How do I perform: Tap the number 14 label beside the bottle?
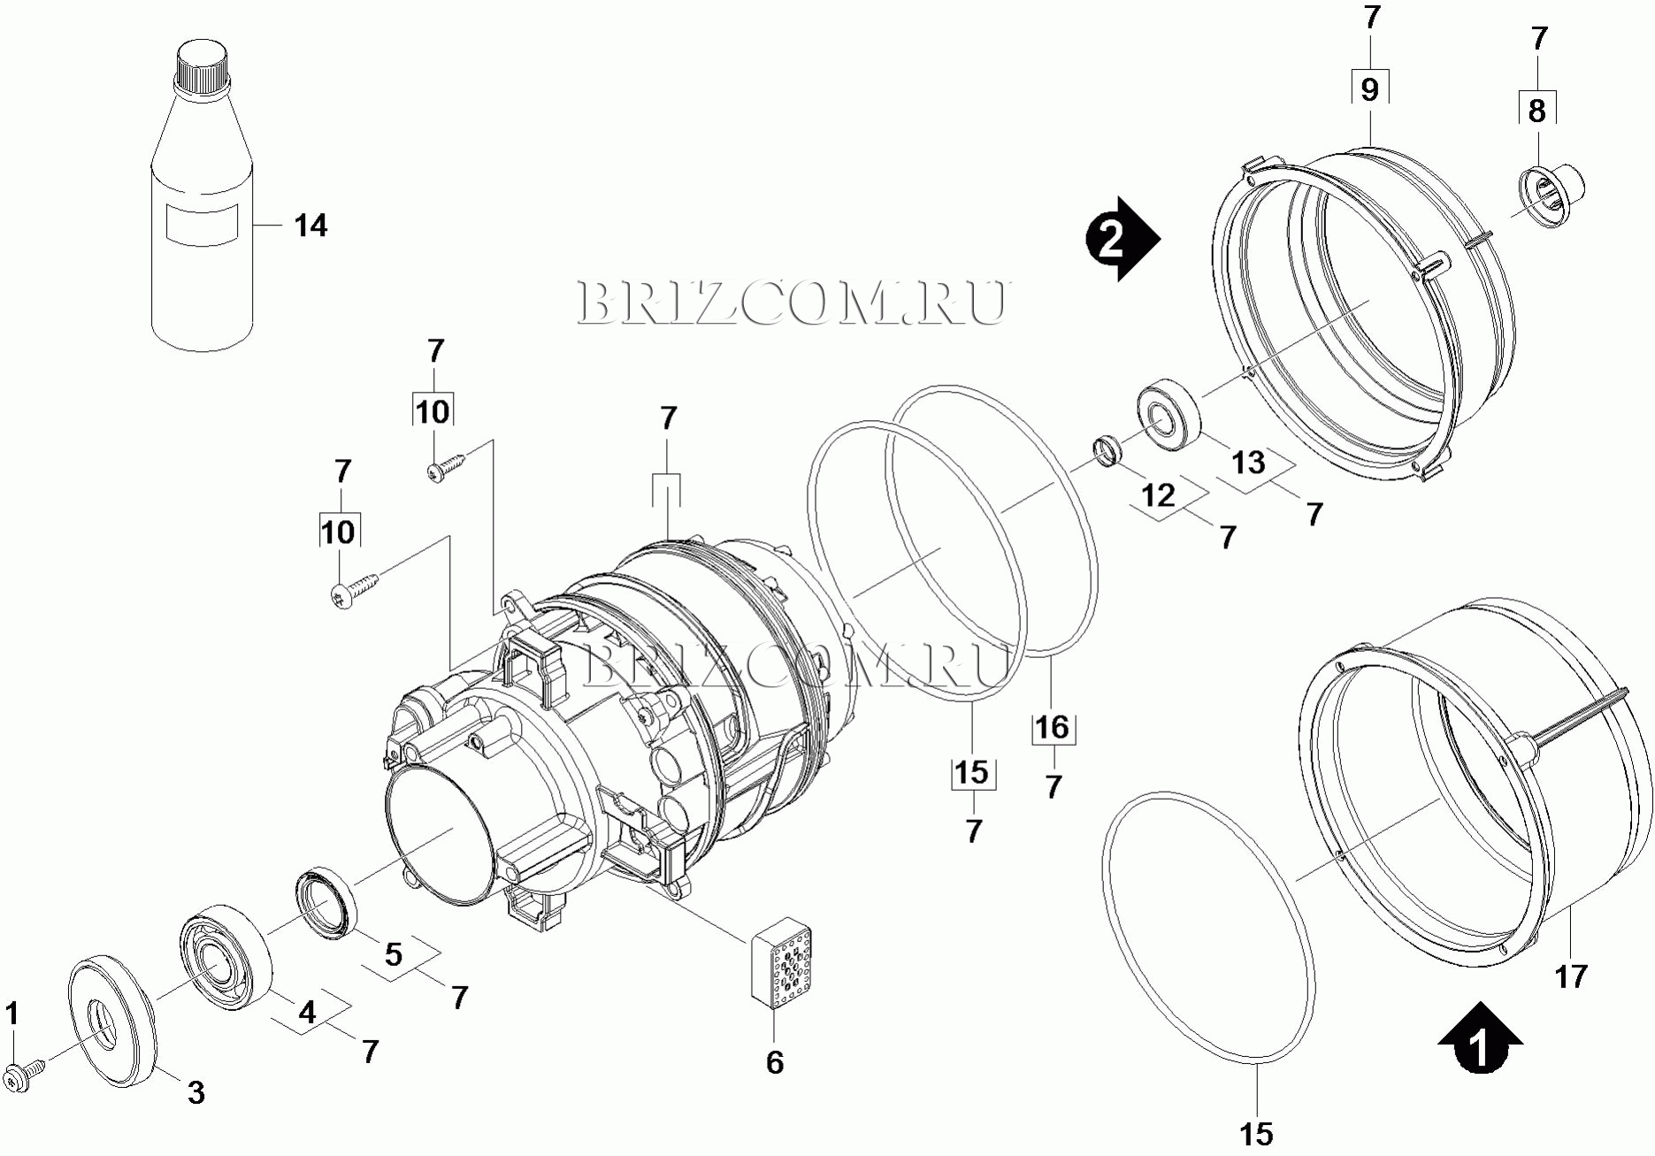tap(310, 226)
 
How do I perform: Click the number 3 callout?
tap(195, 1093)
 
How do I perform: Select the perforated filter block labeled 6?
tap(781, 962)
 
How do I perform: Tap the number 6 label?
tap(775, 1061)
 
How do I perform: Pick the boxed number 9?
tap(1369, 89)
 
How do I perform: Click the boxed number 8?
tap(1537, 111)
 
